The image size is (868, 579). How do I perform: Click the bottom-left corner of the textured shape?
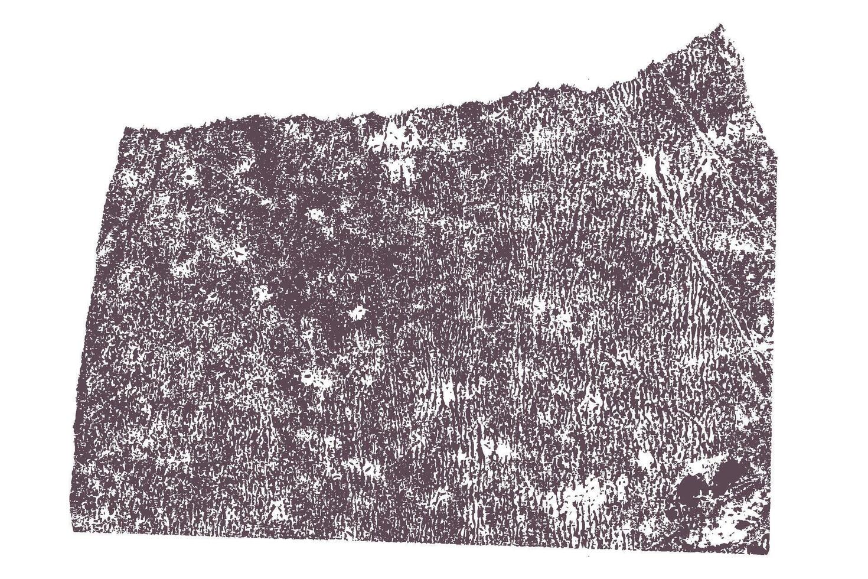73,530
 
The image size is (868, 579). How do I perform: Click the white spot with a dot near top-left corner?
189,175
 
